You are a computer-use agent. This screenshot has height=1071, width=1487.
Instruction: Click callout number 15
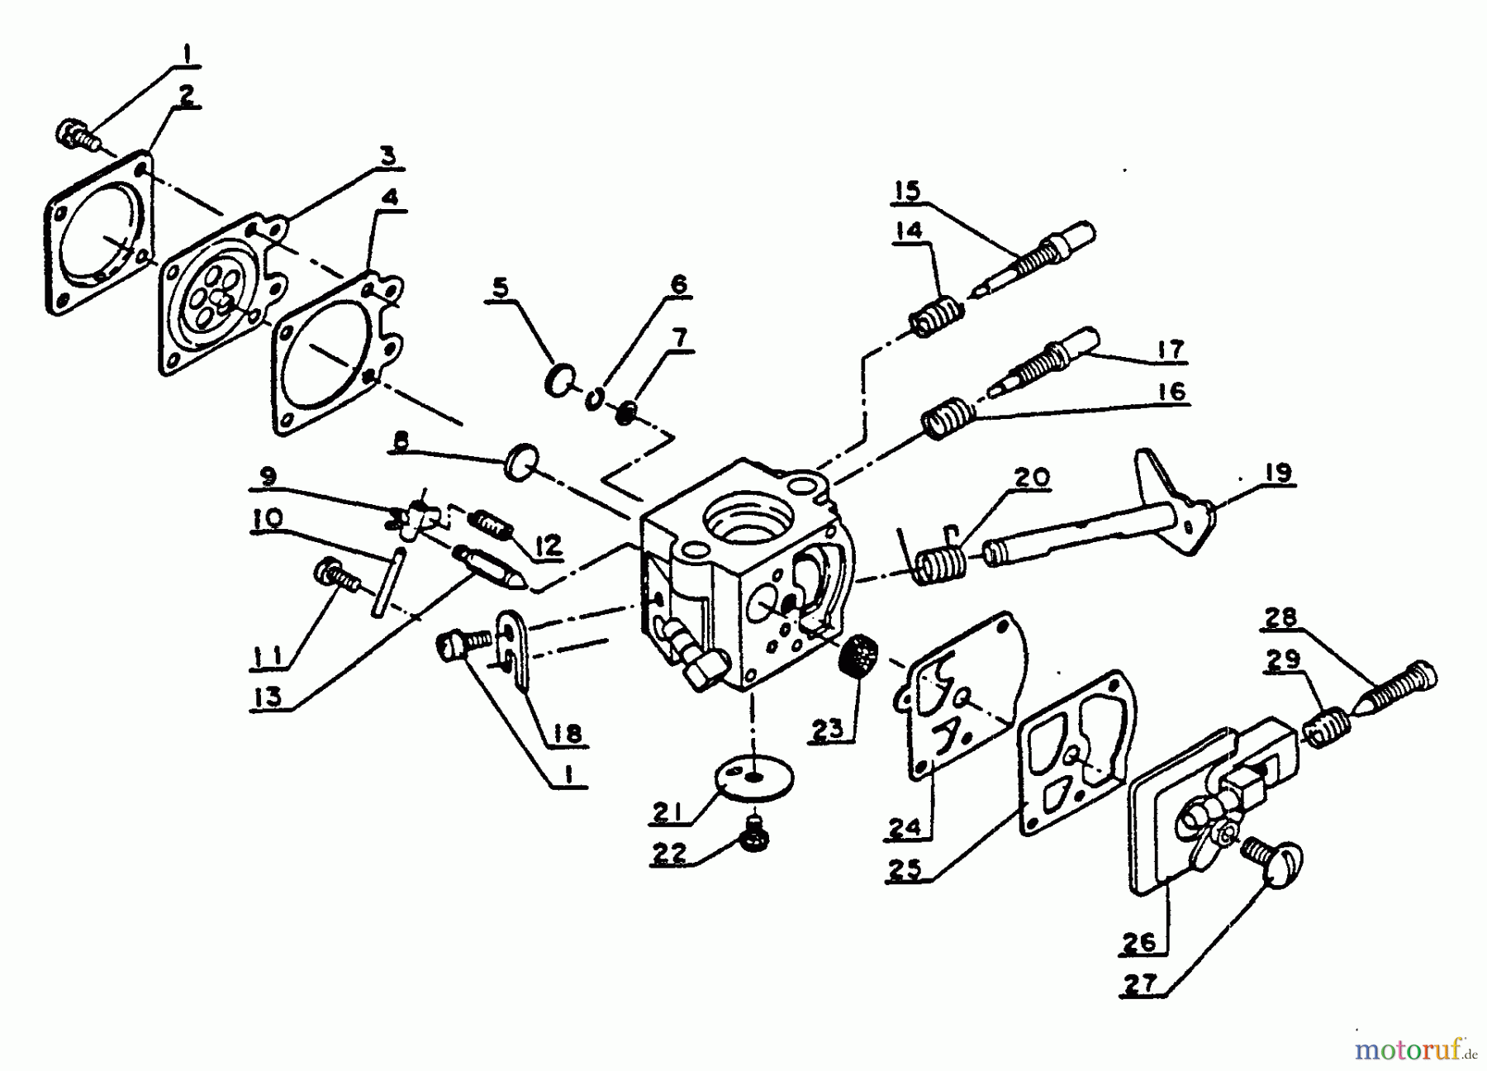coord(906,192)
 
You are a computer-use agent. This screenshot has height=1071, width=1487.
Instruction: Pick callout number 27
coord(1144,983)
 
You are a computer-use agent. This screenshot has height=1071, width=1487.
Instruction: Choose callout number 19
coord(1277,473)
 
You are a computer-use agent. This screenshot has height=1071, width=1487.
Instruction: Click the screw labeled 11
coord(336,576)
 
